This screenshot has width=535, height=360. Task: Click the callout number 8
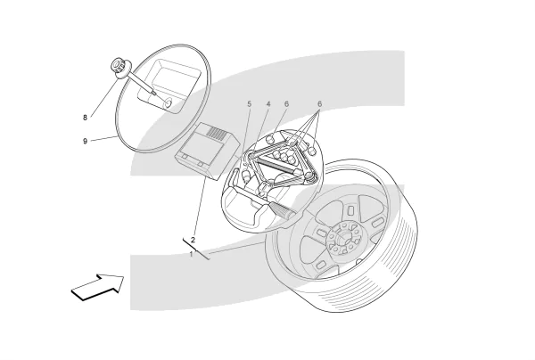coord(85,118)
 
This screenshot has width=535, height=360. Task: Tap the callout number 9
coord(85,141)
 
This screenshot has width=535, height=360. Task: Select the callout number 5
coord(250,103)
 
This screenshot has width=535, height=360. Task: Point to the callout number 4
coord(268,103)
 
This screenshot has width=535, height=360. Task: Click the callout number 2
coord(193,240)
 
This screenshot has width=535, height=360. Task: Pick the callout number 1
coord(192,254)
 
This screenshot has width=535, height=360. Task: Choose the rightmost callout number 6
coord(319,103)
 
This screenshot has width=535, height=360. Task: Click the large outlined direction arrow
coord(98,287)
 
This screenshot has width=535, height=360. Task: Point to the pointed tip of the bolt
coord(155,93)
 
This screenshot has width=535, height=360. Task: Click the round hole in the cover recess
coord(169,102)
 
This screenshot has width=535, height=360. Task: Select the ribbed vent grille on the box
coord(217,132)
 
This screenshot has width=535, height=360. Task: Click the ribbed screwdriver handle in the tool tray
coord(282,210)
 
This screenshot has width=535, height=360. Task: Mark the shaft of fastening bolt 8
coord(141,83)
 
